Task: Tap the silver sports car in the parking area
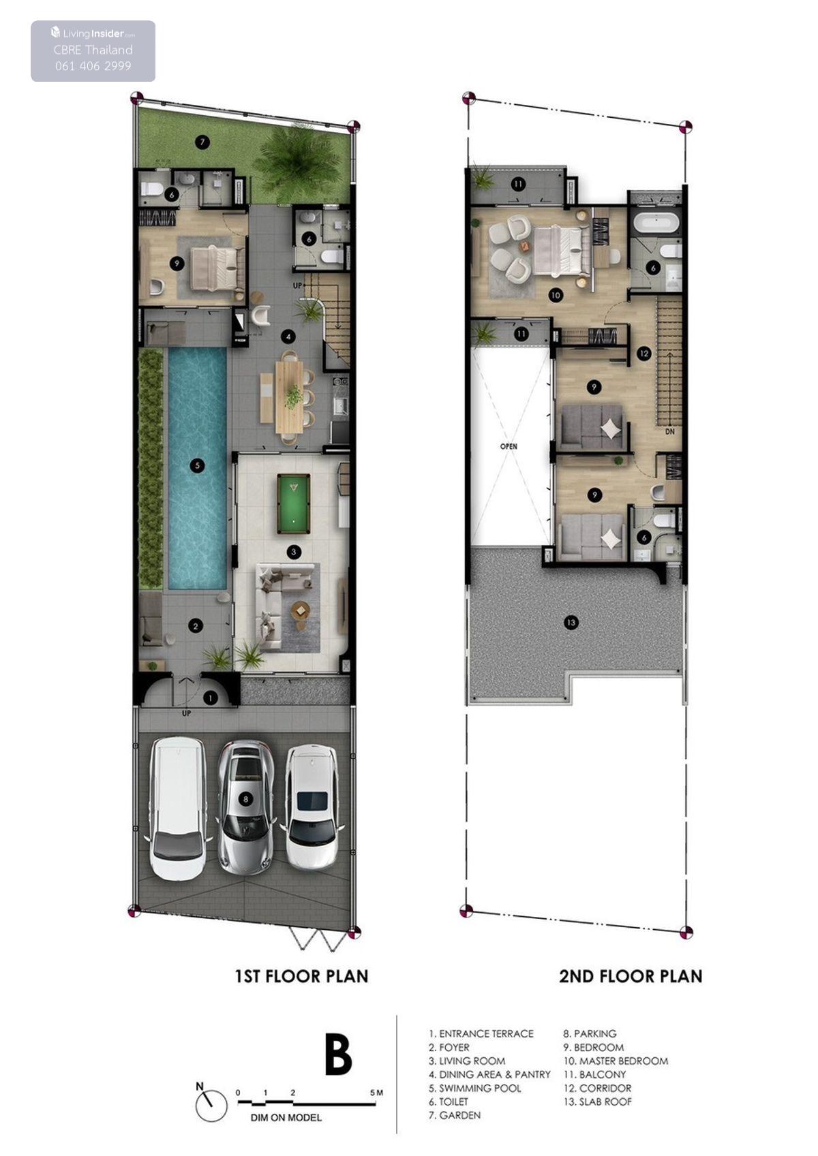tap(245, 806)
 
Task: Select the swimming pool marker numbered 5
tap(197, 465)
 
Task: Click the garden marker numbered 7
tap(202, 142)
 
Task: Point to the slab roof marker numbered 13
tap(571, 623)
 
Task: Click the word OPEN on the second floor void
tap(508, 446)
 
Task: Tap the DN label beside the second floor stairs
tap(669, 431)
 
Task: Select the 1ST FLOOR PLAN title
tap(301, 976)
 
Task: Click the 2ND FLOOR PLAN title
tap(631, 976)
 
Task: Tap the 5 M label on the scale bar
tap(376, 1093)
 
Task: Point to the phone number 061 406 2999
tap(93, 65)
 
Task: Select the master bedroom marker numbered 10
tap(555, 295)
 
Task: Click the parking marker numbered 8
tap(245, 799)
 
